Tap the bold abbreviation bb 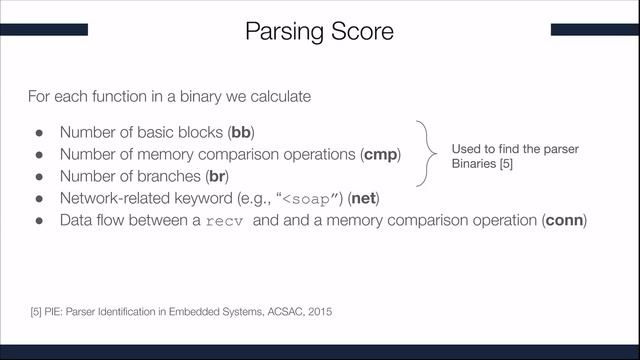tap(241, 132)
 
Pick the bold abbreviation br tap(217, 176)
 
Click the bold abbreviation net tap(365, 198)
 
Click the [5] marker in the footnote tap(38, 313)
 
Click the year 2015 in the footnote tap(318, 313)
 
